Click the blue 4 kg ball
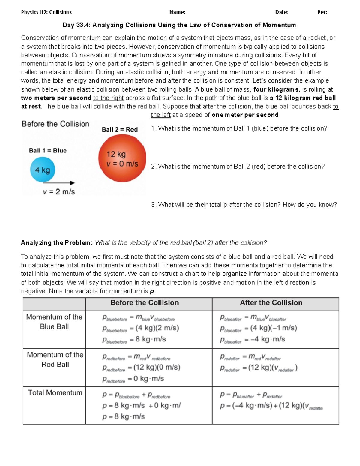pos(42,170)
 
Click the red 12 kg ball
pos(122,158)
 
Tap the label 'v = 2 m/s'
pos(59,192)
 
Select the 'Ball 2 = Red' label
pos(120,130)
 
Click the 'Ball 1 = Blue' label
pos(48,151)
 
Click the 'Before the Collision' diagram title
pos(55,124)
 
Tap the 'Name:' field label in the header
pos(177,12)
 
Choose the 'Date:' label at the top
pos(281,12)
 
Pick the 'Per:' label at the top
pos(322,12)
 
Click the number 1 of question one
pos(153,128)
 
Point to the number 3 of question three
pos(153,205)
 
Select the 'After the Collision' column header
pos(271,303)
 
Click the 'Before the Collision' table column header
pos(145,303)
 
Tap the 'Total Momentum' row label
pos(55,393)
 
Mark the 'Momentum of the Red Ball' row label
pos(55,359)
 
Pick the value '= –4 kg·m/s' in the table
pos(265,339)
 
